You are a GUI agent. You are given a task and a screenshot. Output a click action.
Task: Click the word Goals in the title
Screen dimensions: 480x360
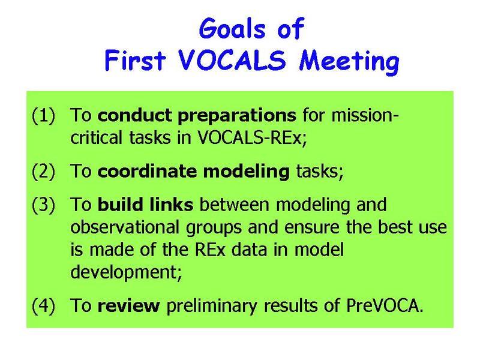(x=232, y=28)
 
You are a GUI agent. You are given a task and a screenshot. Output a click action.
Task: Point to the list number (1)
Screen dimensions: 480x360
(x=43, y=116)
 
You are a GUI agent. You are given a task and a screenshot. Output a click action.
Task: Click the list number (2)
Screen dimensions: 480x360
(x=43, y=171)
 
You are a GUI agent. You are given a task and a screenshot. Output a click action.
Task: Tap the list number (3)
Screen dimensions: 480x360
(x=43, y=205)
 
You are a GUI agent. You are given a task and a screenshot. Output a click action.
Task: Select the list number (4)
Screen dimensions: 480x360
(x=43, y=305)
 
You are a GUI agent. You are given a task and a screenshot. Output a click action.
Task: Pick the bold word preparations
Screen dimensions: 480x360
(x=237, y=116)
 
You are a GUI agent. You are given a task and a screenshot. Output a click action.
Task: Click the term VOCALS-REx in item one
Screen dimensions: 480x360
(x=252, y=137)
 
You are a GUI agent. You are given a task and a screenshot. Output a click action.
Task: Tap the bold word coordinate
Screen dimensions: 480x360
(x=147, y=171)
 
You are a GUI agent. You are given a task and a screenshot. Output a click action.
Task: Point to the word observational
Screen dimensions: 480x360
(x=125, y=227)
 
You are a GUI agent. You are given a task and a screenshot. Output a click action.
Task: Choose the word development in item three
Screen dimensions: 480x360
(x=126, y=272)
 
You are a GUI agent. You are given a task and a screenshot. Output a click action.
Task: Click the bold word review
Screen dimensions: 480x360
(x=128, y=306)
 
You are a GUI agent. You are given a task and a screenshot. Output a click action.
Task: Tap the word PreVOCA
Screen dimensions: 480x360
(x=385, y=305)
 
